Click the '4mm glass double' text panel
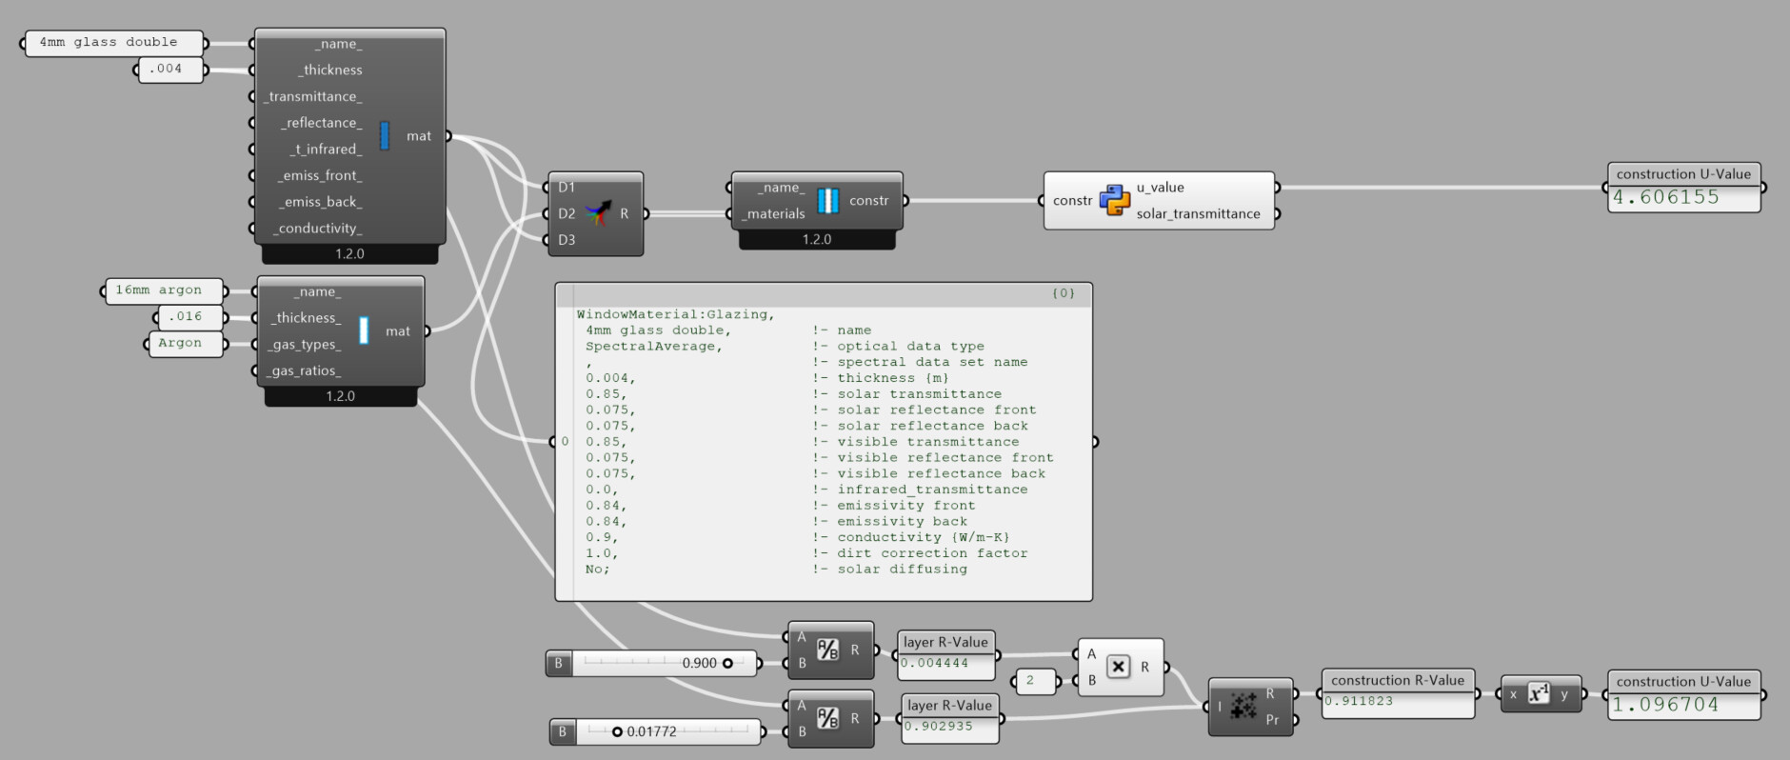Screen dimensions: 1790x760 coord(113,43)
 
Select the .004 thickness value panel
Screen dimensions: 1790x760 coord(170,70)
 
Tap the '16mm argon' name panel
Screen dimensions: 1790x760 coord(164,290)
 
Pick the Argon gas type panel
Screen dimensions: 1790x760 coord(186,344)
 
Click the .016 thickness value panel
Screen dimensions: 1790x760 coord(189,317)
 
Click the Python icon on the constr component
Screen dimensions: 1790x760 coord(1115,201)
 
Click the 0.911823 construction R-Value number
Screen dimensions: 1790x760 coord(1359,701)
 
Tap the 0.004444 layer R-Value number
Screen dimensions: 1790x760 coord(935,664)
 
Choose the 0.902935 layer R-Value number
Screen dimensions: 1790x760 coord(939,727)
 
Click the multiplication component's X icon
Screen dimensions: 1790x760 coord(1119,668)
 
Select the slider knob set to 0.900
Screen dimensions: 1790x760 coord(727,663)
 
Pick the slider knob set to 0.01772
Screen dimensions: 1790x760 coord(617,731)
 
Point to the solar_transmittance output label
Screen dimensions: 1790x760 coord(1198,214)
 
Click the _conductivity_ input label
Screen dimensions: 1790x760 coord(318,229)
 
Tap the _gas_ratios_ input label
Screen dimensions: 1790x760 coord(304,371)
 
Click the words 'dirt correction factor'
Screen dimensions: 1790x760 coord(932,553)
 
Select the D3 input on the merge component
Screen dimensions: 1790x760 coord(567,240)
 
